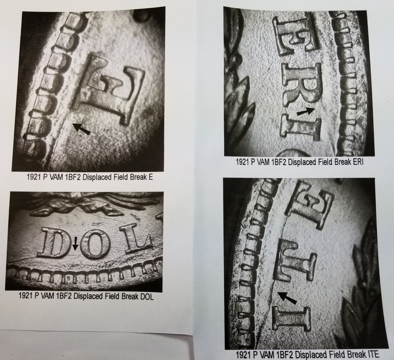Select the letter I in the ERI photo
300,128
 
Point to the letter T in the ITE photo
295,260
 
